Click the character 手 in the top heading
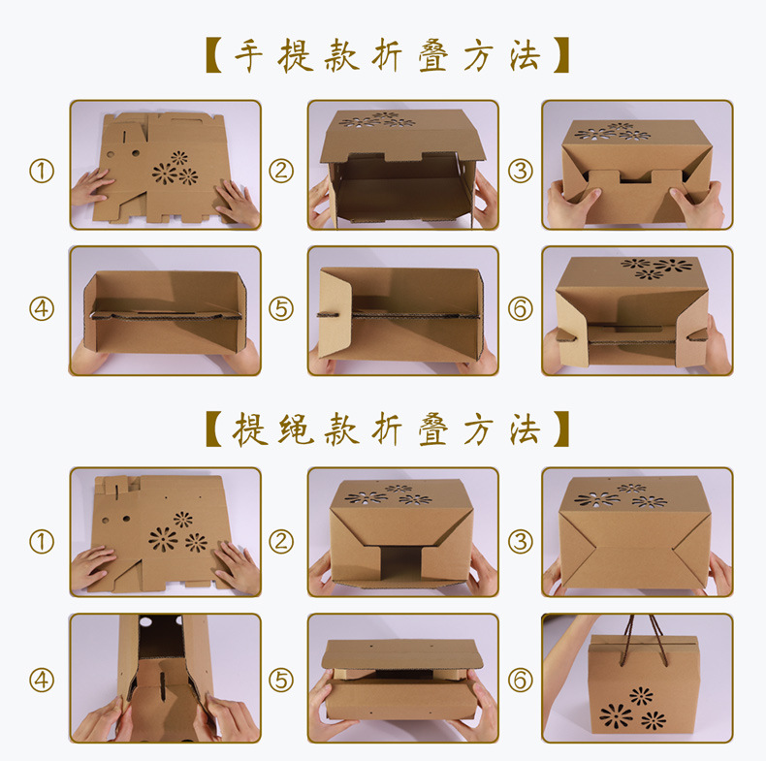coord(250,56)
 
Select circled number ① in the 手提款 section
coord(41,172)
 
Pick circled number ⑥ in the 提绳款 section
coord(521,680)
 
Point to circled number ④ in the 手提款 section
coord(41,309)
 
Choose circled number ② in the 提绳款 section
coord(281,540)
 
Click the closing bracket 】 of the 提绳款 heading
coord(557,427)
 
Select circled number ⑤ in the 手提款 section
coord(281,309)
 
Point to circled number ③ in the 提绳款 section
coord(521,540)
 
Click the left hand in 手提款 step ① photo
coord(93,188)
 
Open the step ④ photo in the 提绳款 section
coord(165,678)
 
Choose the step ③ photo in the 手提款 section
coord(636,165)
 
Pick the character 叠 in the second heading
coord(431,427)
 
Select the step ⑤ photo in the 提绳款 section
coord(403,678)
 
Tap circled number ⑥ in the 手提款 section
coord(521,309)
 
